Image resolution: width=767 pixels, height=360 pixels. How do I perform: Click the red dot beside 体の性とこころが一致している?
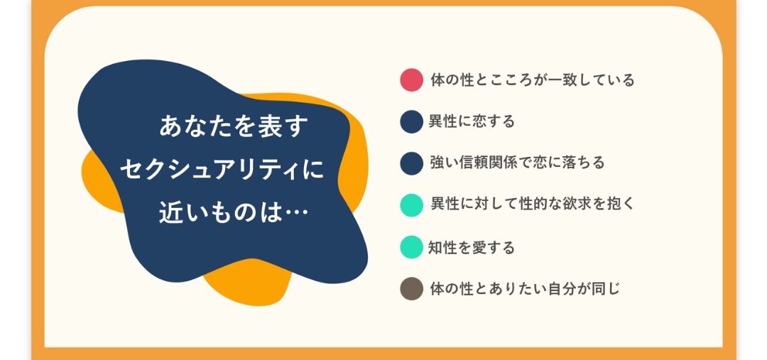coord(411,80)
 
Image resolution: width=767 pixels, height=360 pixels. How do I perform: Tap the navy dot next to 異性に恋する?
coord(411,121)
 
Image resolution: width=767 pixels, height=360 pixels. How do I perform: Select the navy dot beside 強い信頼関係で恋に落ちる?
coord(411,163)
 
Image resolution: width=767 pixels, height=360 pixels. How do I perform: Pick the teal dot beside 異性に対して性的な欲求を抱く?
coord(411,205)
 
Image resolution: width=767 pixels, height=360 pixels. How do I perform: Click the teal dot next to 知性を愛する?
coord(411,247)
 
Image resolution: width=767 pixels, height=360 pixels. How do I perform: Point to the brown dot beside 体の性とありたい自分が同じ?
coord(411,288)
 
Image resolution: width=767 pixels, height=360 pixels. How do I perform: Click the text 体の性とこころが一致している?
coord(532,80)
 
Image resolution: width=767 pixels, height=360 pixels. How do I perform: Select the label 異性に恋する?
coord(472,121)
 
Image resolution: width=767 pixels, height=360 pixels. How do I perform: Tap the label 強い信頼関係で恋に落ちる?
coord(518,163)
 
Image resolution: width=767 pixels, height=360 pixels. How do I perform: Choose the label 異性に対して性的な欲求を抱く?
coord(532,205)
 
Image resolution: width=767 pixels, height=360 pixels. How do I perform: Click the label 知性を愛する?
coord(472,247)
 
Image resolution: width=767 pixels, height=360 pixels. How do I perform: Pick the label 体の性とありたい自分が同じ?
coord(525,288)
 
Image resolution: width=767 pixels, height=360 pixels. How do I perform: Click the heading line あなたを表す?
coord(234,128)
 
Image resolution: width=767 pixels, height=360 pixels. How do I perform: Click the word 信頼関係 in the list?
coord(489,163)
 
